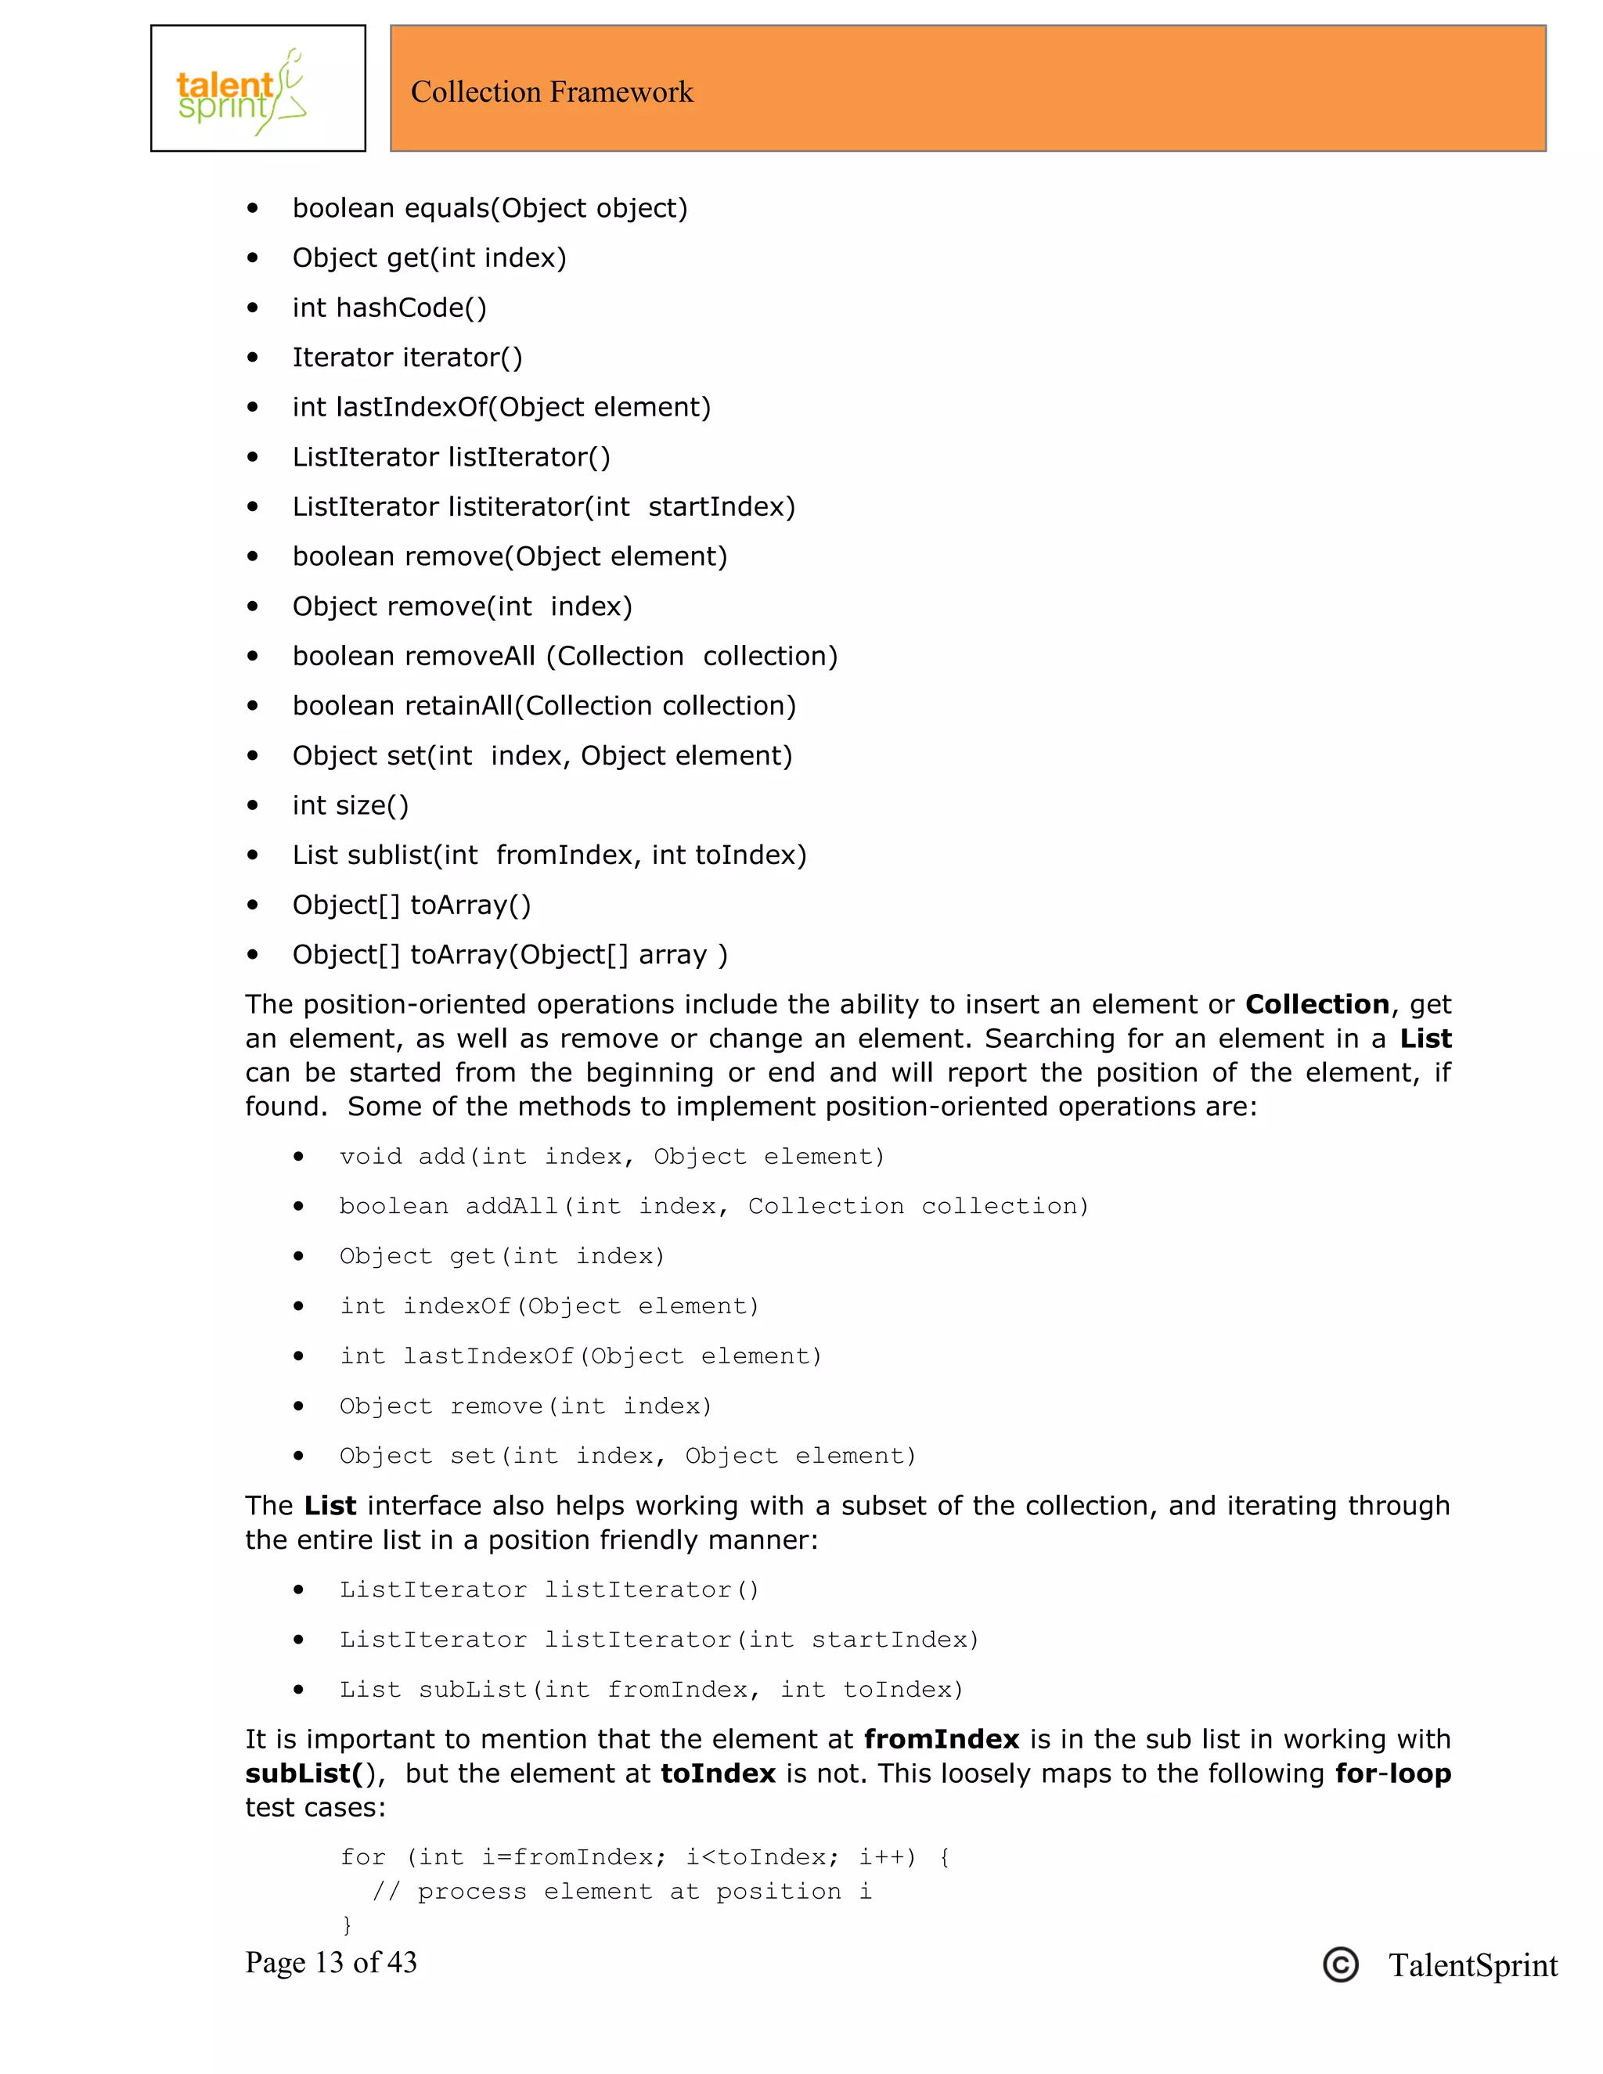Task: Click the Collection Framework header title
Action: [552, 92]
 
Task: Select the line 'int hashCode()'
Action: [389, 308]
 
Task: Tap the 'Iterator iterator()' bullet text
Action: [407, 357]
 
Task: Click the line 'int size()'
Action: [351, 805]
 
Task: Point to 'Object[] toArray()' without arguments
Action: [411, 905]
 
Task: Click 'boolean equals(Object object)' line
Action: [490, 208]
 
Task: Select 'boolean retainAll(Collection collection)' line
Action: [544, 706]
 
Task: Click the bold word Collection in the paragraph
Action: [1317, 1004]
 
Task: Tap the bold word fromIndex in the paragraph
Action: [941, 1739]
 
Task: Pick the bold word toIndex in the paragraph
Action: [718, 1773]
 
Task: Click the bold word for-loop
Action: [1392, 1773]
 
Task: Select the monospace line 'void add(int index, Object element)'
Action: [611, 1157]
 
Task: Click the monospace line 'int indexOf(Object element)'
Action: [549, 1305]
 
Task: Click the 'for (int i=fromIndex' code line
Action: [645, 1856]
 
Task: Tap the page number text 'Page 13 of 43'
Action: [330, 1963]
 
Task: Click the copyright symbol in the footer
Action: [1340, 1964]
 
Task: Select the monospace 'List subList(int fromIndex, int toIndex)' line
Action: [651, 1690]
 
